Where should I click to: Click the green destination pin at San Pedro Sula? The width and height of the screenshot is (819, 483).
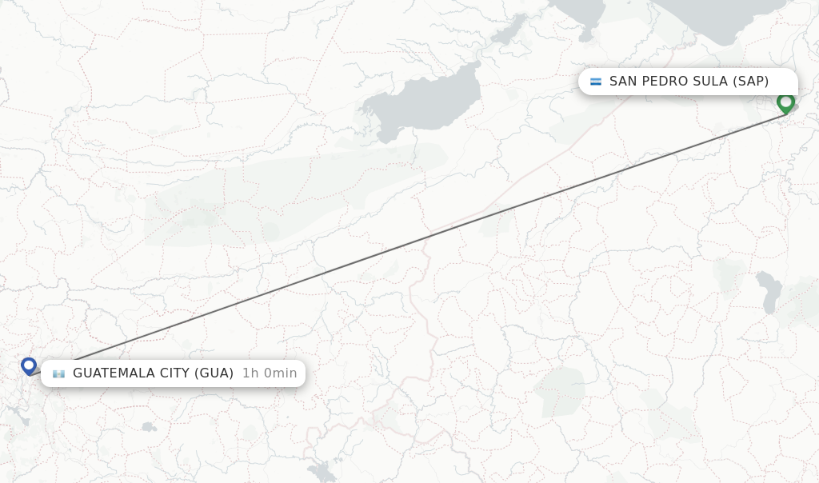785,102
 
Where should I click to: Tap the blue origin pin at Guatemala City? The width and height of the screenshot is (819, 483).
29,365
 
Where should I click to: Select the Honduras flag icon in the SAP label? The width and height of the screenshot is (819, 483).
596,82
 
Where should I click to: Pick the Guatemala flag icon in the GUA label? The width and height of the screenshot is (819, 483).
58,373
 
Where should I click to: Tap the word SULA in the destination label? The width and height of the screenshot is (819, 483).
709,81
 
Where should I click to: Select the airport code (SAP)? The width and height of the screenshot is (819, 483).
751,81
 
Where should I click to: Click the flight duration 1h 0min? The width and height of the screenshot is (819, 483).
270,373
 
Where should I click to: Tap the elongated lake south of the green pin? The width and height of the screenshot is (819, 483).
769,292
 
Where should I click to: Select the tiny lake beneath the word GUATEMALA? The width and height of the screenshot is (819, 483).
148,427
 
